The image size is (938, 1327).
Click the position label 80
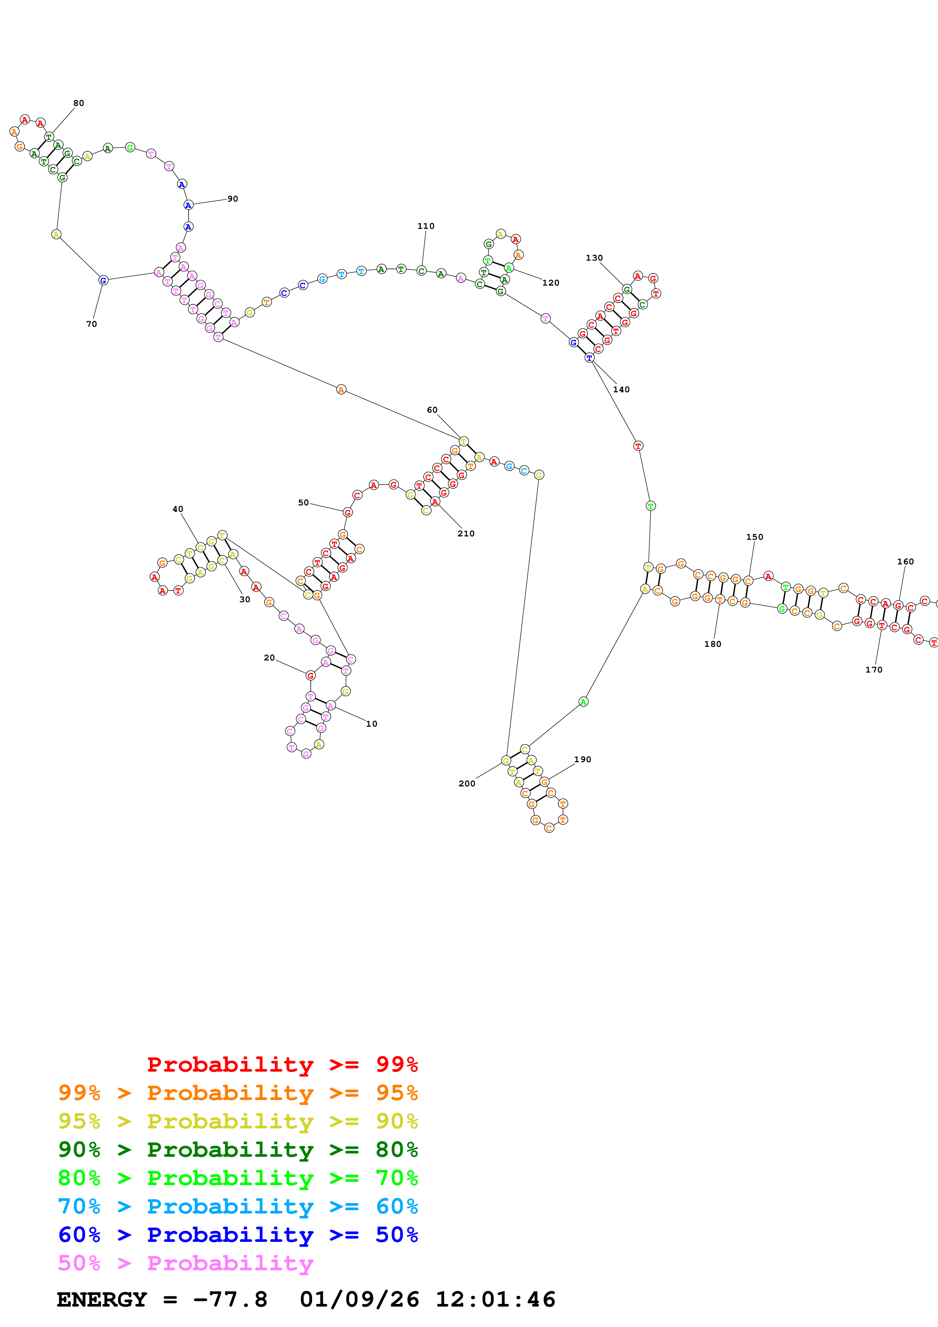[x=79, y=103]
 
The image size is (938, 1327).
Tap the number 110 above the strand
[x=426, y=226]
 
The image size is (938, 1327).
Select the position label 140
[x=621, y=390]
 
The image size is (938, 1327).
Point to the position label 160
[x=905, y=561]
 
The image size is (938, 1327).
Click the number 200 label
[x=467, y=784]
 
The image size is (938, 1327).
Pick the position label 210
[x=466, y=533]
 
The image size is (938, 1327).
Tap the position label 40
[x=178, y=509]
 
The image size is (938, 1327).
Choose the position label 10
[x=372, y=724]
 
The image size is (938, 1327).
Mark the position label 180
[x=712, y=644]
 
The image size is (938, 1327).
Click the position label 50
[x=303, y=503]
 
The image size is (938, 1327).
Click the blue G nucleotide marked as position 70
[x=103, y=280]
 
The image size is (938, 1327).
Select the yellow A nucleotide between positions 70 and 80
[x=56, y=234]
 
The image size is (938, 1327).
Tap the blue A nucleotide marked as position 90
[x=188, y=205]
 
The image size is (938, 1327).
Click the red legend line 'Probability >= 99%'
[x=282, y=1064]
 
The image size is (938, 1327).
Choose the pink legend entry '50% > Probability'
[x=185, y=1263]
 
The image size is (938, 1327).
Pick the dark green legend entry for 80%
[x=238, y=1149]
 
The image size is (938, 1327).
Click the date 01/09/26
[x=359, y=1299]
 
